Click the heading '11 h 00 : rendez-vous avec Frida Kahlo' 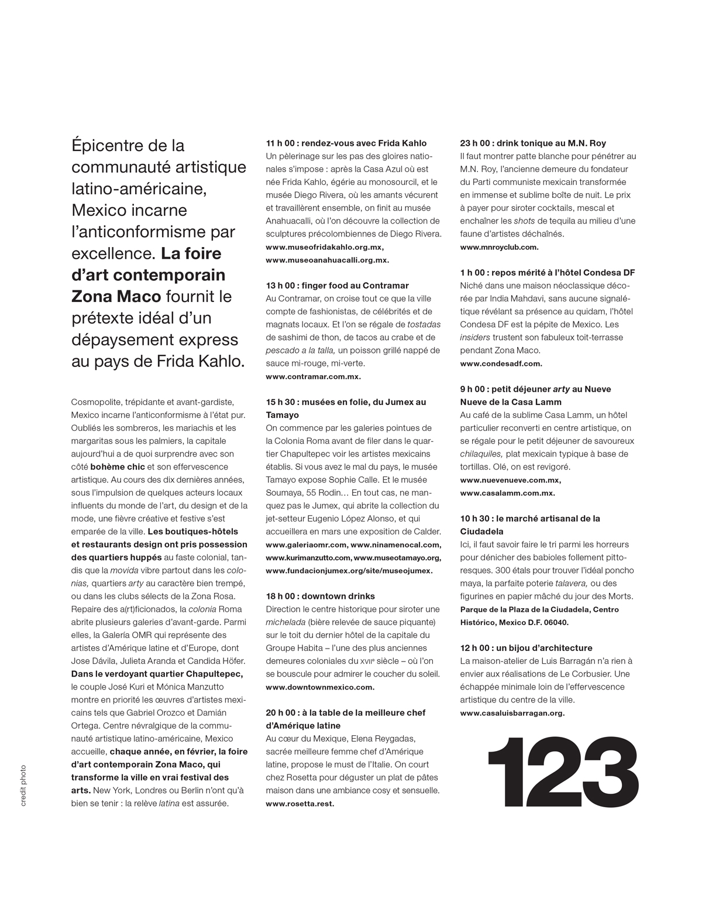click(x=346, y=143)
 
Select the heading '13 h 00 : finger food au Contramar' click(x=337, y=286)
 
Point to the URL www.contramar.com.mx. click(x=313, y=376)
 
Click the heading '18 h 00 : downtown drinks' click(x=320, y=596)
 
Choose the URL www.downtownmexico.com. click(x=320, y=687)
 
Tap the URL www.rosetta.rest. click(x=300, y=804)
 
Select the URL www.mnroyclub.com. click(x=499, y=247)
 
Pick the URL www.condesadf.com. click(x=501, y=364)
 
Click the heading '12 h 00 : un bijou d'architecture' click(x=526, y=648)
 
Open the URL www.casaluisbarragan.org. click(x=512, y=713)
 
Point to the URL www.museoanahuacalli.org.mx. click(x=327, y=260)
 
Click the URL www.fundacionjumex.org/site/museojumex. click(x=349, y=571)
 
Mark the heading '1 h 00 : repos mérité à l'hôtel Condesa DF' click(x=548, y=273)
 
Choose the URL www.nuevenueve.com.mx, click(x=511, y=480)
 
